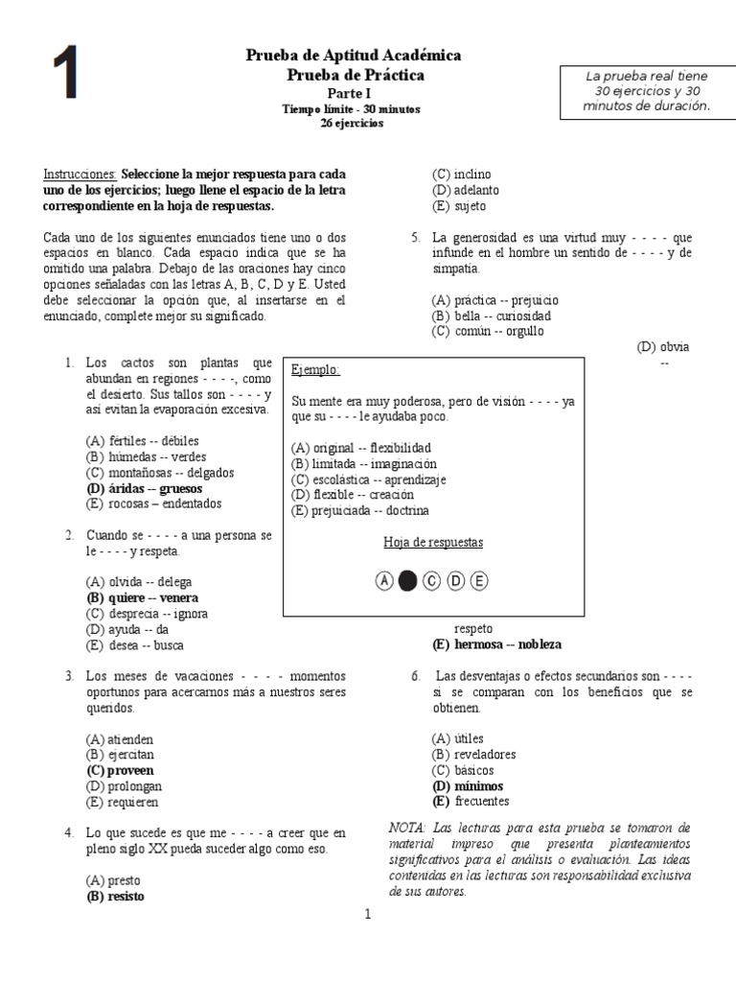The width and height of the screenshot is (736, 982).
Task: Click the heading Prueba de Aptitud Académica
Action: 354,56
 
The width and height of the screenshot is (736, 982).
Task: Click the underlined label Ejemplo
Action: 315,370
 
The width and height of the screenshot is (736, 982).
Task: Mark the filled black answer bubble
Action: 407,580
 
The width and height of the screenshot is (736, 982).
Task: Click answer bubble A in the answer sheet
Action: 384,580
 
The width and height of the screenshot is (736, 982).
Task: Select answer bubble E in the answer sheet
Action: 478,580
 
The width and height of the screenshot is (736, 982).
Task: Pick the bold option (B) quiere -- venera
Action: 142,597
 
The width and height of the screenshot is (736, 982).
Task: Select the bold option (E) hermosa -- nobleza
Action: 496,644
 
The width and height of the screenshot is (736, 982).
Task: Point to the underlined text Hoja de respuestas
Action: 433,543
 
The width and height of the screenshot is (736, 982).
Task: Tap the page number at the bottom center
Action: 366,914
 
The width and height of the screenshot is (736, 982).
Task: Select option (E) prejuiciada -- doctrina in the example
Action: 360,510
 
